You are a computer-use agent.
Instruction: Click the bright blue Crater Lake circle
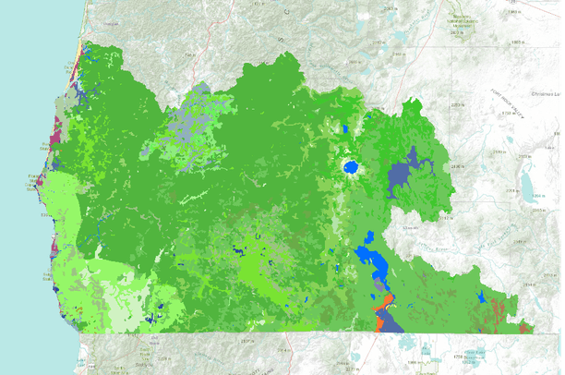[x=352, y=168]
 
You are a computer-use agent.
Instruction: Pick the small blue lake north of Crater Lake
[x=347, y=130]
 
